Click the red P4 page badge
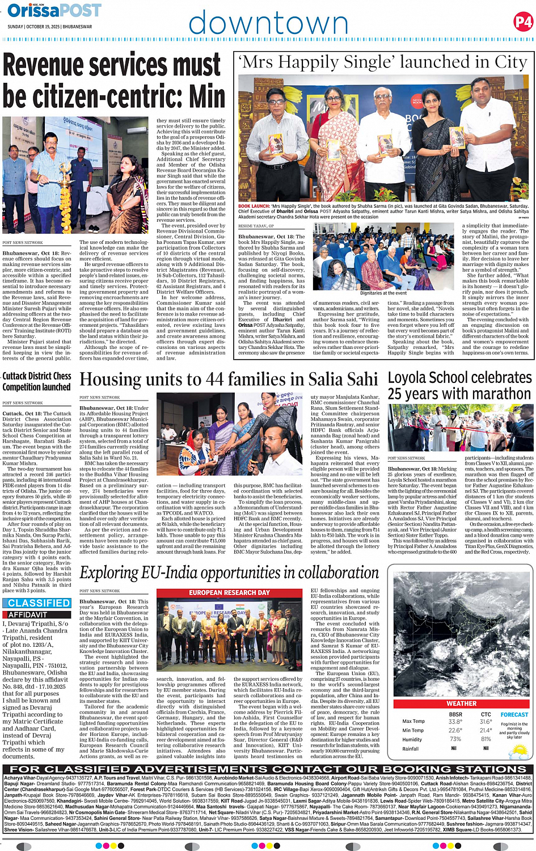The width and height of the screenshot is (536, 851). click(x=523, y=22)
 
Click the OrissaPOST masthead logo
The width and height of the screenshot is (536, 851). click(x=54, y=10)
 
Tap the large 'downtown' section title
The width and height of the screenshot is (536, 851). click(x=268, y=24)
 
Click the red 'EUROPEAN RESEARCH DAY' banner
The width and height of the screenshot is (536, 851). click(x=229, y=593)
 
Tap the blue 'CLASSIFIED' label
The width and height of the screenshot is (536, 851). click(x=39, y=603)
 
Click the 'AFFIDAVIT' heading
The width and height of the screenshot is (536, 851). click(x=28, y=614)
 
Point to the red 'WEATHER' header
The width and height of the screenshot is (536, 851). click(x=462, y=703)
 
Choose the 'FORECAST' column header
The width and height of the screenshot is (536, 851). click(x=514, y=715)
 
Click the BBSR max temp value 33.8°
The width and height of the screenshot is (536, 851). click(x=455, y=722)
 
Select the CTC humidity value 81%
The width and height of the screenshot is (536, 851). click(x=486, y=739)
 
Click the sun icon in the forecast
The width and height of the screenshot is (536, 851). click(x=518, y=752)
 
